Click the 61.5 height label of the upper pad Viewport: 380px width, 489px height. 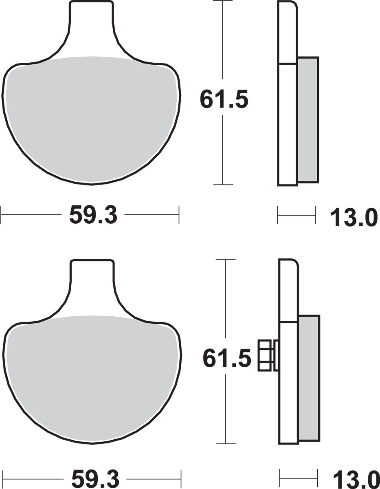(x=224, y=99)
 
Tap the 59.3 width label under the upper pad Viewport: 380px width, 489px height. (x=93, y=215)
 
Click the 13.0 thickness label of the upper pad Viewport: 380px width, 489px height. (x=354, y=218)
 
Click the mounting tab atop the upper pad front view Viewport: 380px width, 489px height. (x=91, y=25)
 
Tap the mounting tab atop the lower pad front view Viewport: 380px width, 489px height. (x=92, y=284)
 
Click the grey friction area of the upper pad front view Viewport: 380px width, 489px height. (x=91, y=119)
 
